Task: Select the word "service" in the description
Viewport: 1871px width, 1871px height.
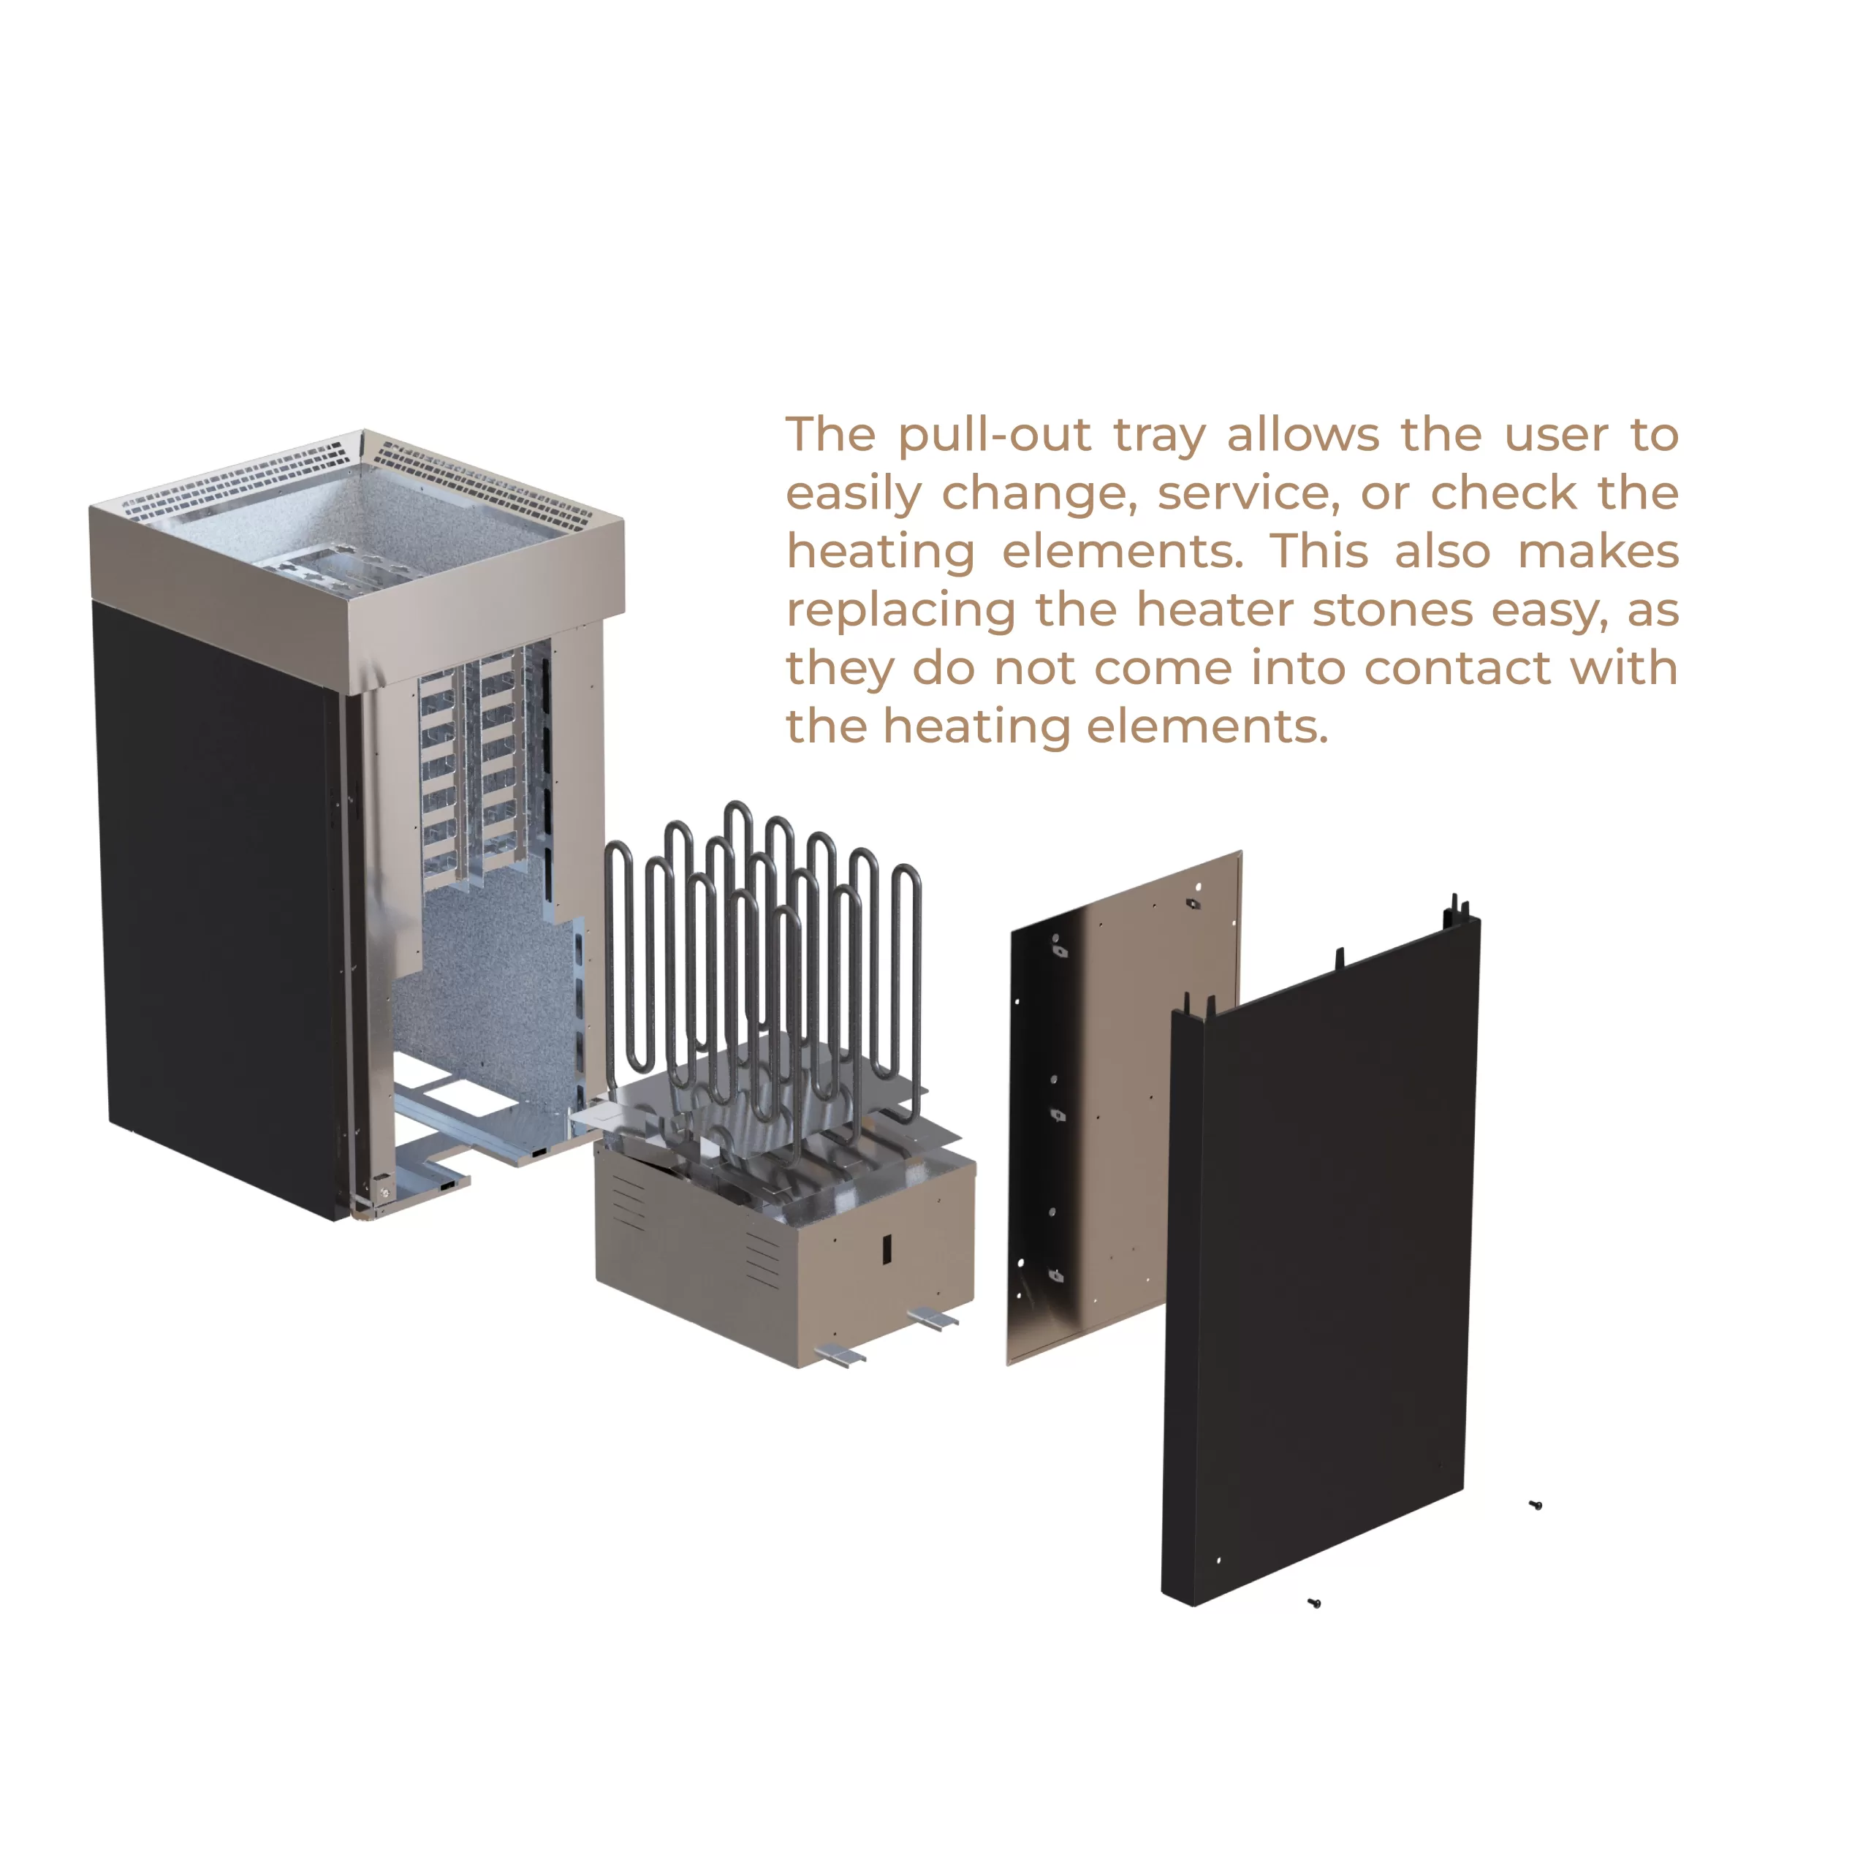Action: pyautogui.click(x=1248, y=494)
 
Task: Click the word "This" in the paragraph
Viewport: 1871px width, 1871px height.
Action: pyautogui.click(x=1320, y=551)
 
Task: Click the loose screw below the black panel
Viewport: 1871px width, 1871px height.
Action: pyautogui.click(x=1314, y=1604)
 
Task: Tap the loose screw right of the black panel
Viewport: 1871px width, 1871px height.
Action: pyautogui.click(x=1535, y=1505)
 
